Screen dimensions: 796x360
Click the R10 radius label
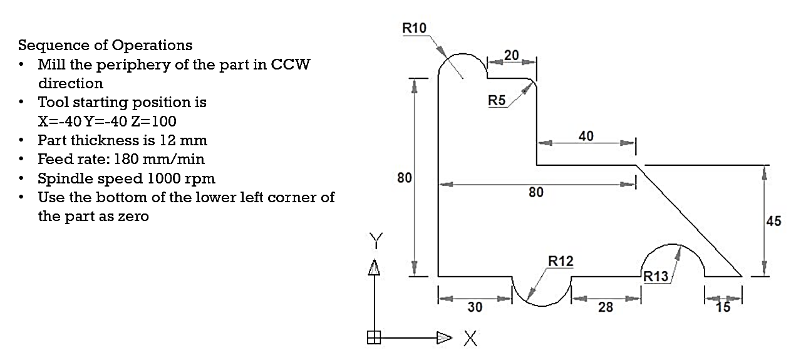point(414,28)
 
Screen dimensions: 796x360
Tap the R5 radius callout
point(497,100)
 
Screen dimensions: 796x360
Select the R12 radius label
point(561,261)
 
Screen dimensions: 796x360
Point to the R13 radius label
point(656,276)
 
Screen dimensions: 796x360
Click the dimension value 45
point(773,221)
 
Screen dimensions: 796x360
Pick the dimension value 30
point(475,307)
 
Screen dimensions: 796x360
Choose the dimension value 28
point(606,307)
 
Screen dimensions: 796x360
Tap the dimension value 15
point(723,307)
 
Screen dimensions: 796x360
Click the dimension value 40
point(586,136)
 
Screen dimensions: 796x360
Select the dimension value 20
point(512,55)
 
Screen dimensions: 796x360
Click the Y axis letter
point(376,240)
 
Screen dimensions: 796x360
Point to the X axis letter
point(470,338)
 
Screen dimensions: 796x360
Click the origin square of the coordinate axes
point(374,337)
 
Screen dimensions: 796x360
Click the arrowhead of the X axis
point(444,337)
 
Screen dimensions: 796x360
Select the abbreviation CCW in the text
point(291,64)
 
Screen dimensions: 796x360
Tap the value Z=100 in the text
point(153,121)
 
